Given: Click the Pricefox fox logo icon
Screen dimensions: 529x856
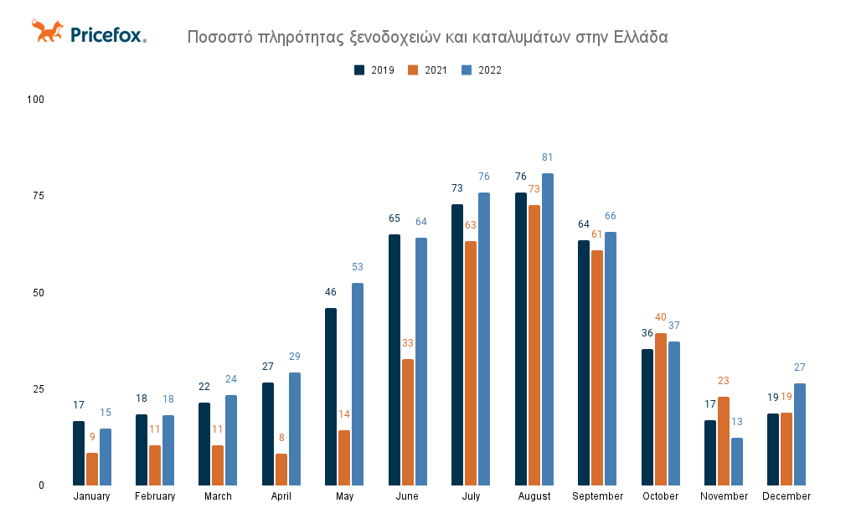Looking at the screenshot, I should point(47,32).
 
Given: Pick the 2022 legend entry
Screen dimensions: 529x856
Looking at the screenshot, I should point(482,70).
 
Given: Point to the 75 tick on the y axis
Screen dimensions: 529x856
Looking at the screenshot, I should point(36,196).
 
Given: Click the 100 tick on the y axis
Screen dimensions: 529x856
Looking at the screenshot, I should point(35,100).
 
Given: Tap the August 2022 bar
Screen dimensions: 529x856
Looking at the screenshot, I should point(548,329).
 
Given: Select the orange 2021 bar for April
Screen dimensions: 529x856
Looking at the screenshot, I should point(281,470).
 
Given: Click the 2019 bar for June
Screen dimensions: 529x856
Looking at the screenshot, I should point(394,360).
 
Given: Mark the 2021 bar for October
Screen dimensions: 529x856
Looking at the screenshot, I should point(661,409).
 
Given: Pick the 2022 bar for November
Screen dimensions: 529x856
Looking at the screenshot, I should point(737,461).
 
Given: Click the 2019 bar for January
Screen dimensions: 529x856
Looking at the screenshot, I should point(79,453).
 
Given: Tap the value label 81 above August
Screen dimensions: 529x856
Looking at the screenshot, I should point(548,157).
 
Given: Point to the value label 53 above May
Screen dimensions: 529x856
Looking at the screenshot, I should point(358,267).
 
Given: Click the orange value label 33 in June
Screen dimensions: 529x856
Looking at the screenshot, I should point(408,343).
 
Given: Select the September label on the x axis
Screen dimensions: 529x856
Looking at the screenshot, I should point(598,496).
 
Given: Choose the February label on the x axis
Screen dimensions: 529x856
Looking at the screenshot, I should point(155,496).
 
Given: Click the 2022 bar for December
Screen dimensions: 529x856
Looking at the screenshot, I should point(800,434).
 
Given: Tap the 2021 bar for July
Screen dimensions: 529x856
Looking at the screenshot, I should point(471,363).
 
